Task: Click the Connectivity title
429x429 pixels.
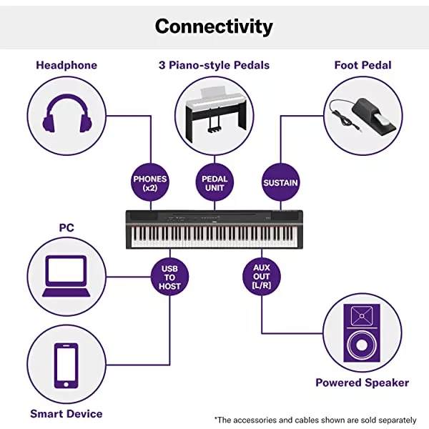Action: [x=214, y=26]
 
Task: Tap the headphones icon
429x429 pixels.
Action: [x=66, y=116]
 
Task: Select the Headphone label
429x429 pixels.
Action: [x=66, y=65]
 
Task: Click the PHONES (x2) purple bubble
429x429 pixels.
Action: [x=150, y=183]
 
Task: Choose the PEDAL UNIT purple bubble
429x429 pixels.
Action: [x=214, y=183]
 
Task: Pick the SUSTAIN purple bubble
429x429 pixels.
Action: [x=280, y=183]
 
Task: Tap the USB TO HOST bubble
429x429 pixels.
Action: [x=170, y=277]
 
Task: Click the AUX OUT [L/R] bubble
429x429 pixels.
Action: [x=261, y=277]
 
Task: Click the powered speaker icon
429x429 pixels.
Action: [x=363, y=332]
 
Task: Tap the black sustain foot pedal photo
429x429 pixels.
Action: [x=362, y=114]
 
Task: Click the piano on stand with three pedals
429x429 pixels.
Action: [x=214, y=114]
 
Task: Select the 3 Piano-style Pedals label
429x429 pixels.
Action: [x=214, y=65]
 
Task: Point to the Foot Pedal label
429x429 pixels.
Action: [x=363, y=65]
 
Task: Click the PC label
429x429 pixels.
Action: [x=66, y=228]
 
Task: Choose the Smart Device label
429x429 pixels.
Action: [x=66, y=413]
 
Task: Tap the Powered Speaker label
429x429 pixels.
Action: [x=363, y=383]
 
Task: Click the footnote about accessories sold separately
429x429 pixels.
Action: [x=315, y=419]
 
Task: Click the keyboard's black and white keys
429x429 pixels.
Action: [x=214, y=235]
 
